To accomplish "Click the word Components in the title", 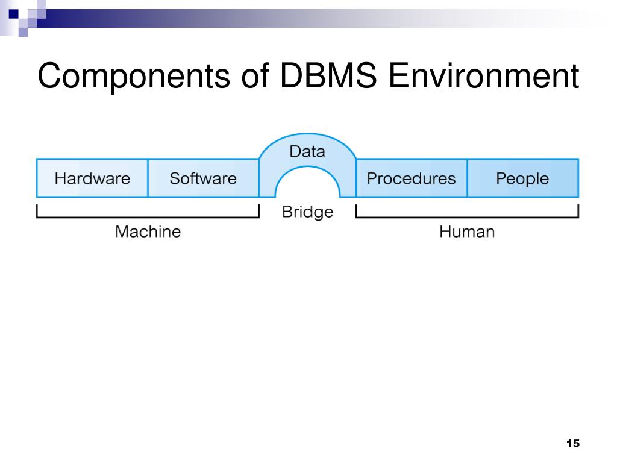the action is tap(133, 77).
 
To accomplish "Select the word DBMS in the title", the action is tap(328, 75).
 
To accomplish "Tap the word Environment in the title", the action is tap(484, 75).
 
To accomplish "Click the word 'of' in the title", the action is tap(255, 75).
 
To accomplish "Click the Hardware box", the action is tap(92, 178).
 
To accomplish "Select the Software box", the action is tap(204, 178).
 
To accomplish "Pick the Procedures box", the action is tap(412, 178).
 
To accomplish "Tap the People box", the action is tap(523, 178).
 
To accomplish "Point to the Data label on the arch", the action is tap(307, 151).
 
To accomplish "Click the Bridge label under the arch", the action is tap(308, 212).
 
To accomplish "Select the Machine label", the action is tap(148, 231).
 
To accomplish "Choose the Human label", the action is tap(467, 231).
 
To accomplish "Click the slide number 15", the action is tap(573, 443).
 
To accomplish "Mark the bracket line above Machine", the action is tap(148, 216).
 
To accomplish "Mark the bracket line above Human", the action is tap(467, 216).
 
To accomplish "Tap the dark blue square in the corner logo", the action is tap(13, 14).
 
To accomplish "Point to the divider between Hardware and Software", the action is tap(148, 178).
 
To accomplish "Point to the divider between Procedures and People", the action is tap(468, 178).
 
